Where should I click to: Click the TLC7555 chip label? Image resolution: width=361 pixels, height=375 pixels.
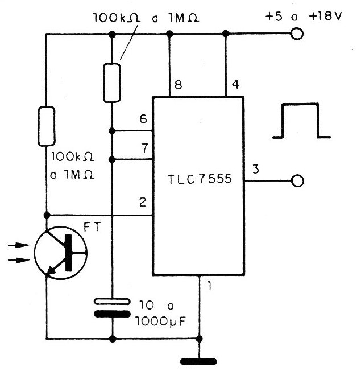pos(200,179)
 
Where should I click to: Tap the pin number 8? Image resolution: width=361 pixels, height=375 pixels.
pos(179,85)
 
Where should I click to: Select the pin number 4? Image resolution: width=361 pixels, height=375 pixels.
pos(235,84)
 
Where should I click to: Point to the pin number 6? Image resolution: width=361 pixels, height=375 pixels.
pos(143,119)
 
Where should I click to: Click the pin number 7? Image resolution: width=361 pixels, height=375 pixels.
pos(145,148)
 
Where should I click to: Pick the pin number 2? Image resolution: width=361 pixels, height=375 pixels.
pos(143,202)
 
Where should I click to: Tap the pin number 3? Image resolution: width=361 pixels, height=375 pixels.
pos(255,169)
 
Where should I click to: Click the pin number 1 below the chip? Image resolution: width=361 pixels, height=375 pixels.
pos(209,286)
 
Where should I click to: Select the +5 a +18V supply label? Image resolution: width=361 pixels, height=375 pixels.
pos(304,17)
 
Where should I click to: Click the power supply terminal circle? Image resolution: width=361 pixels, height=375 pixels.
pos(297,34)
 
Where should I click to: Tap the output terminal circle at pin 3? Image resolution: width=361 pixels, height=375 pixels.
pos(297,180)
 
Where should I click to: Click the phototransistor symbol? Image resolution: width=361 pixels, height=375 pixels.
pos(61,252)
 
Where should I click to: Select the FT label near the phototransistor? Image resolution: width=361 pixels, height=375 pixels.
pos(92,227)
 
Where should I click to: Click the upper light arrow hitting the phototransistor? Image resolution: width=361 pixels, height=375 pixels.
pos(19,245)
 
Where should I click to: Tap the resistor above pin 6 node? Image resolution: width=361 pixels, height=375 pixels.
pos(112,83)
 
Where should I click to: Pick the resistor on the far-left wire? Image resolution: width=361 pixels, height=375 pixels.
pos(47,126)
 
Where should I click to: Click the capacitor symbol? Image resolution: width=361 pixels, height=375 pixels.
pos(113,307)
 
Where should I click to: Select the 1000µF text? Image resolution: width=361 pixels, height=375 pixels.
pos(160,322)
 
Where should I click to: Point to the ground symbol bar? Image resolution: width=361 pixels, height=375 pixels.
pos(198,361)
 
